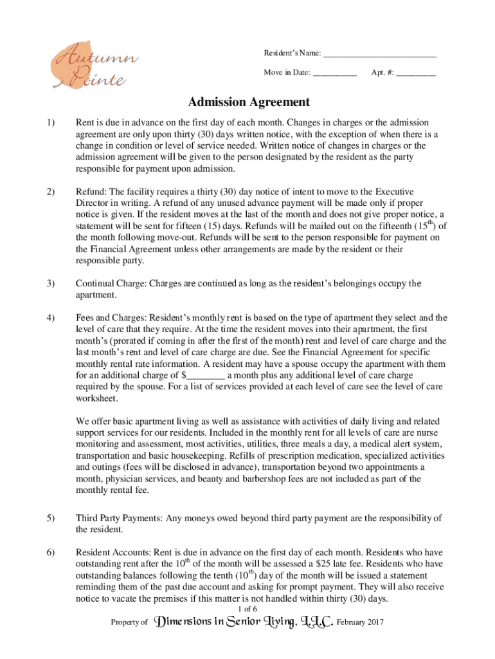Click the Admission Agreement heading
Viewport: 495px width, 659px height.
tap(249, 102)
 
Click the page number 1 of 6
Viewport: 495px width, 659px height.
tap(248, 609)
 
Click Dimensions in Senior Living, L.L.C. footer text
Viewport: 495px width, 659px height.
tap(245, 622)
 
